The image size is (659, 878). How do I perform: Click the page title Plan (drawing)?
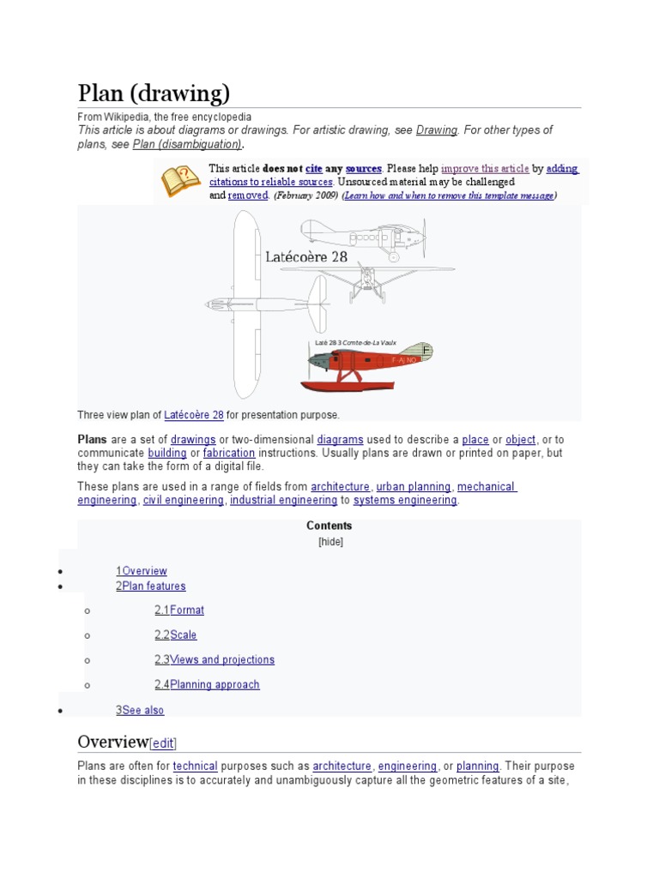pos(154,93)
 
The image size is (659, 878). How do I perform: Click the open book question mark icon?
pos(181,181)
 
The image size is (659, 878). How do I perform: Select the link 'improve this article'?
pos(485,169)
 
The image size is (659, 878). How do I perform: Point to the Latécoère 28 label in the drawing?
pos(306,256)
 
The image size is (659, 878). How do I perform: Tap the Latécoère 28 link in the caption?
pos(194,415)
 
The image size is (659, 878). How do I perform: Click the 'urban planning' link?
pos(414,487)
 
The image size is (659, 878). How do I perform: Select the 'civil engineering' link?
pos(183,500)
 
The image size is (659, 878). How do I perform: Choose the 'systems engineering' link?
pos(405,500)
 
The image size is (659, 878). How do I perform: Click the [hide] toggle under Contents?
pos(330,542)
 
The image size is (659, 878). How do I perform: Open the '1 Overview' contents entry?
pos(142,571)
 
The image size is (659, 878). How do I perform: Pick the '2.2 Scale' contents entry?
pos(175,635)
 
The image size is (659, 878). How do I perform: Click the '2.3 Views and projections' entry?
pos(215,660)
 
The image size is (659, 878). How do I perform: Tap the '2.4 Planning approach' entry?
pos(207,685)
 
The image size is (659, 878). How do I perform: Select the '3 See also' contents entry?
pos(140,710)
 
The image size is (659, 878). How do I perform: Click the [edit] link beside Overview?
pos(163,743)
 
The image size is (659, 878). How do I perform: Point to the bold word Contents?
pos(329,526)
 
